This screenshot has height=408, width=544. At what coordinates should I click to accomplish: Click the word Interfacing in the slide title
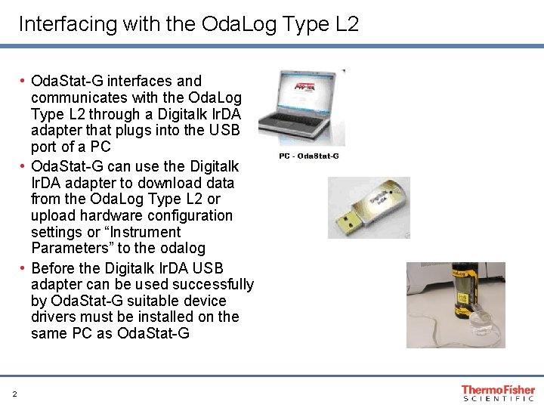click(68, 24)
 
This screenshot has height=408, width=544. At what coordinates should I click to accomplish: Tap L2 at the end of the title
click(347, 23)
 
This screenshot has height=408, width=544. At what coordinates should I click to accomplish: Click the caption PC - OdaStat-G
click(309, 156)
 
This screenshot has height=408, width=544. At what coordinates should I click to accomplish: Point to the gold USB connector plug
click(350, 223)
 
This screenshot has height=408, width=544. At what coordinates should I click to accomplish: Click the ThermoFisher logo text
click(498, 390)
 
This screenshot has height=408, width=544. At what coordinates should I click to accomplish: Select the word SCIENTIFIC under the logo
click(499, 399)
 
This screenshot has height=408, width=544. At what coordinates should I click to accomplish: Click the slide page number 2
click(14, 394)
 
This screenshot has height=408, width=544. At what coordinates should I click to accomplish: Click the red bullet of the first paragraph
click(22, 81)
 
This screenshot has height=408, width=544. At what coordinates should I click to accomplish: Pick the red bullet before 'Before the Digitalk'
click(22, 268)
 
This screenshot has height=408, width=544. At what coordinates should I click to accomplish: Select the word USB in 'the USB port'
click(224, 130)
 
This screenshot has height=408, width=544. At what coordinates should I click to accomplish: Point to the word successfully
click(213, 285)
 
